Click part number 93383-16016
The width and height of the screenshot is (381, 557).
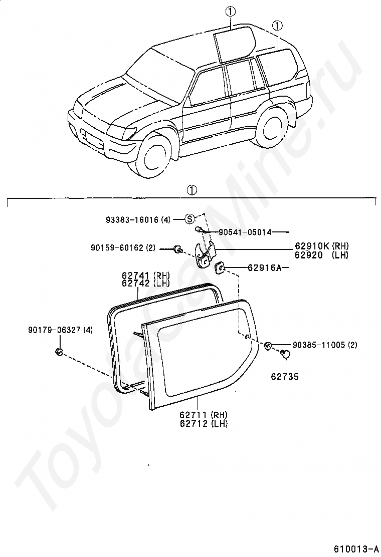pos(132,219)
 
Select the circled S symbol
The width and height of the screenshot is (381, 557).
pos(190,218)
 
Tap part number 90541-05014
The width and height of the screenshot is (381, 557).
pos(245,232)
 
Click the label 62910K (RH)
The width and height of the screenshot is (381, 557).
pos(321,246)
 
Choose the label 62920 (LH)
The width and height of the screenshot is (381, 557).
pos(321,254)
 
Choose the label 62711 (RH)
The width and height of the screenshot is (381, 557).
pos(204,415)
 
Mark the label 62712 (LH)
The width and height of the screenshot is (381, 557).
pos(204,423)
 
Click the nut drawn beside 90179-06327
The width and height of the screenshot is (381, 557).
pos(58,352)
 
